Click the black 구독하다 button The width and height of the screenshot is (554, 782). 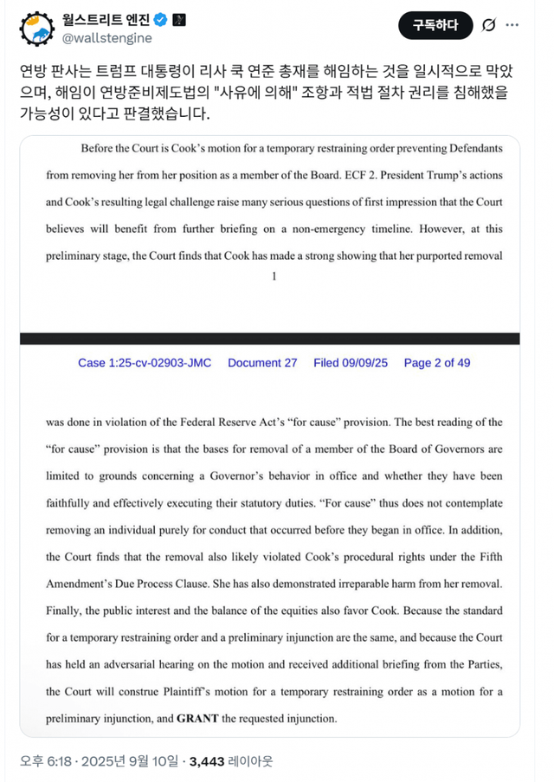pyautogui.click(x=435, y=26)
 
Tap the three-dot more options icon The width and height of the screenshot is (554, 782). pyautogui.click(x=521, y=26)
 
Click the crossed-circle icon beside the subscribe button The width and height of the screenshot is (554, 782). pyautogui.click(x=488, y=26)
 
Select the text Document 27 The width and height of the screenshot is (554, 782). pyautogui.click(x=262, y=363)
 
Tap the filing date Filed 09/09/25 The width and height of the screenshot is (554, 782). pyautogui.click(x=351, y=363)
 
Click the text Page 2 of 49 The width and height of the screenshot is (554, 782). pyautogui.click(x=437, y=363)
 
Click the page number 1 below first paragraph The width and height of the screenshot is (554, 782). pyautogui.click(x=274, y=276)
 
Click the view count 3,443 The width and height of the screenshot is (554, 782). pyautogui.click(x=207, y=761)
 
